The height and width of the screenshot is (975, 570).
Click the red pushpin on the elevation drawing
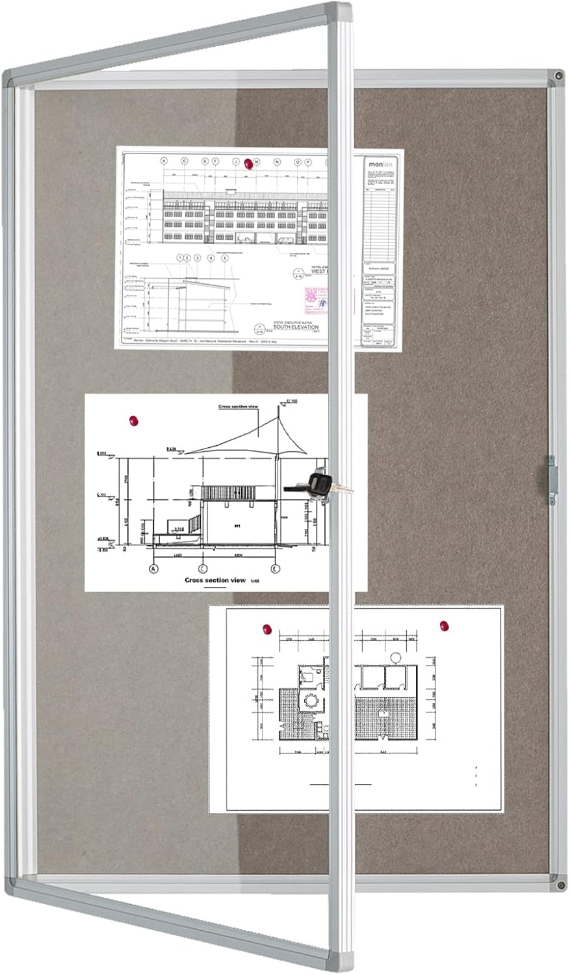click(247, 165)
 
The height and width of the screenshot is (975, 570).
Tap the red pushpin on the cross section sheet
click(135, 421)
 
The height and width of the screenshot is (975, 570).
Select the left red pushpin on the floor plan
click(266, 629)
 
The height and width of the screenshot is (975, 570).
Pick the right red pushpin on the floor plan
click(445, 626)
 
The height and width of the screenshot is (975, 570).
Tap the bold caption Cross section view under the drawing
click(214, 580)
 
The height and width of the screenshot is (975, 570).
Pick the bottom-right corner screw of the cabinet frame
click(560, 885)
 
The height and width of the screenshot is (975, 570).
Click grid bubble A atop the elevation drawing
click(164, 161)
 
